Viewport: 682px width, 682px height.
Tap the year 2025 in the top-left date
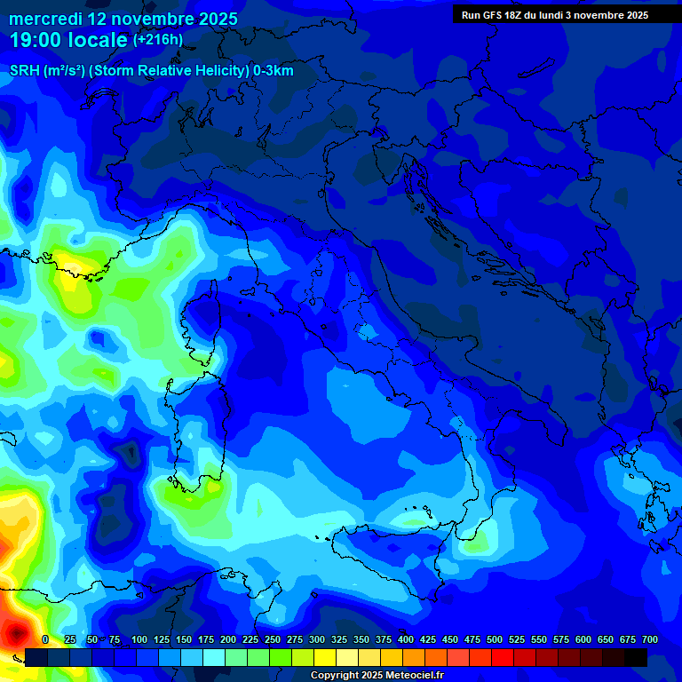213,19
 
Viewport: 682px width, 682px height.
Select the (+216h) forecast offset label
157,40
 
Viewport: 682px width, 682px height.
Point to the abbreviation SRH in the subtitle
23,71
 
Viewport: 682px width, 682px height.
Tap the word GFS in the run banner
498,15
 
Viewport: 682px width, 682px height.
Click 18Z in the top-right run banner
524,15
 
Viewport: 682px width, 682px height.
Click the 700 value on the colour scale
649,639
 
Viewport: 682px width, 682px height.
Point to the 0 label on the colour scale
45,639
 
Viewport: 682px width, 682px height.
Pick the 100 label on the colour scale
139,639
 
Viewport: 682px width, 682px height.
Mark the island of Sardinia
194,435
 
